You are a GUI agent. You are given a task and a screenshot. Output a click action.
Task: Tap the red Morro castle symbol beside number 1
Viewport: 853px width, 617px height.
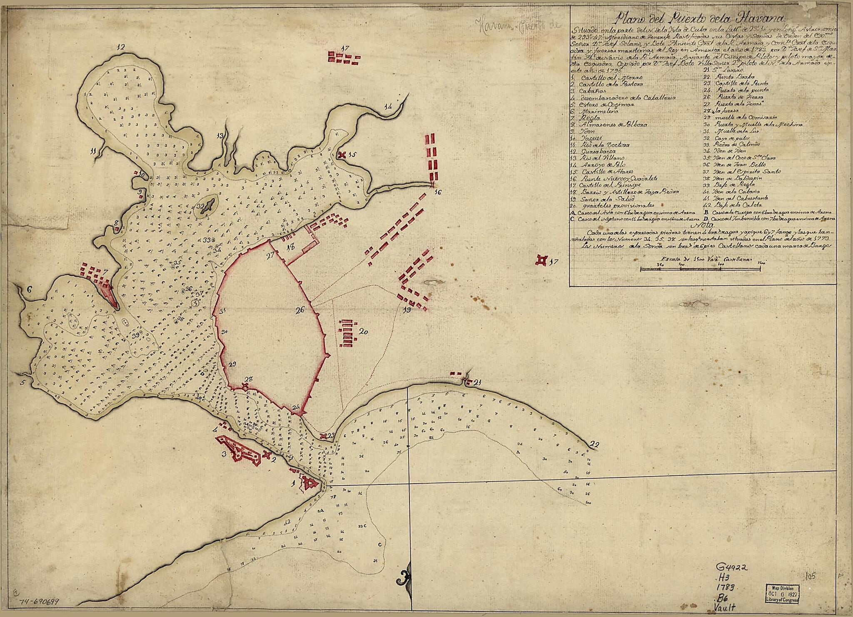(309, 483)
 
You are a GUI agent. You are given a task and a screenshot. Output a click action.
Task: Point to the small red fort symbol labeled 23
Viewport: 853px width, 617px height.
(323, 436)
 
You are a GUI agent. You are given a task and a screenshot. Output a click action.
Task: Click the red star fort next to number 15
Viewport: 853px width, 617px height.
(342, 155)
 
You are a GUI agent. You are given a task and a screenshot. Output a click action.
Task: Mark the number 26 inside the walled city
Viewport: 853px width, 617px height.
(300, 310)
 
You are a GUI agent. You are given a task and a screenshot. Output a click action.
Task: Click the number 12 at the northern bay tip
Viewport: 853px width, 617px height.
(121, 47)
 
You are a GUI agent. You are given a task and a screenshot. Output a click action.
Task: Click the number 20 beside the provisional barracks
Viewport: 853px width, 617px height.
(363, 332)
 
